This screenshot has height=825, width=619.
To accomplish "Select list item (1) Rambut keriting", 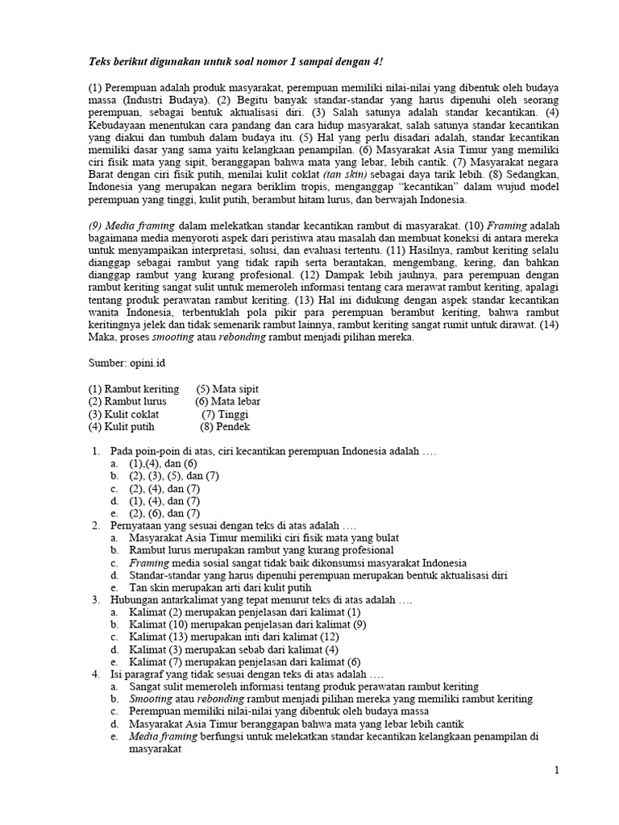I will (134, 389).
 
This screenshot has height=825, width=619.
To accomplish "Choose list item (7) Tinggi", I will (225, 414).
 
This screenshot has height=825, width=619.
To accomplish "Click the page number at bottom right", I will (556, 771).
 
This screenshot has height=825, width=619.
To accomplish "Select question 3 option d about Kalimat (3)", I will (234, 649).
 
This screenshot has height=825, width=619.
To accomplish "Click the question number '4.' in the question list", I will (95, 674).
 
